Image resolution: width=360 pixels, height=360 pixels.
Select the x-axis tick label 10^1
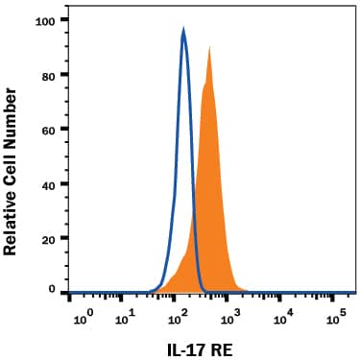pos(126,314)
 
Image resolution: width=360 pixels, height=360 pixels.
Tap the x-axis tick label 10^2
pos(177,314)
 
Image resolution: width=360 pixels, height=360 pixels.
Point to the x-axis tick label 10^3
pos(228,314)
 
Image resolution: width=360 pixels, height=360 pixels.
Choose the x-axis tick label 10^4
pos(282,314)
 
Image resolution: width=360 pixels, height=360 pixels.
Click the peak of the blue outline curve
pos(183,30)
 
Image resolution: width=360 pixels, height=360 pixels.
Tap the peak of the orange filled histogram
pos(209,46)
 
